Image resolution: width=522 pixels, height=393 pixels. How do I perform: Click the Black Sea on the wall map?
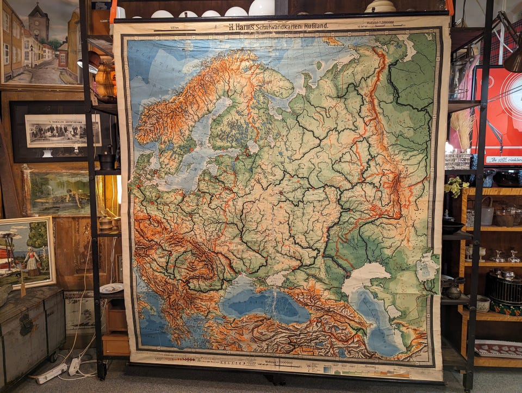(x=266, y=304)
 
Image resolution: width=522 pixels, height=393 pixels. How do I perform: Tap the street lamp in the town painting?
(x=32, y=54)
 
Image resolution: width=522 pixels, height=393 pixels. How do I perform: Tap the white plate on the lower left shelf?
(x=111, y=288)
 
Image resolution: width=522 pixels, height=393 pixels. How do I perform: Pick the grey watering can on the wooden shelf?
(x=487, y=211)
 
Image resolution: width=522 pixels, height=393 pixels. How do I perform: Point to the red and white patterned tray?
(x=498, y=348)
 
